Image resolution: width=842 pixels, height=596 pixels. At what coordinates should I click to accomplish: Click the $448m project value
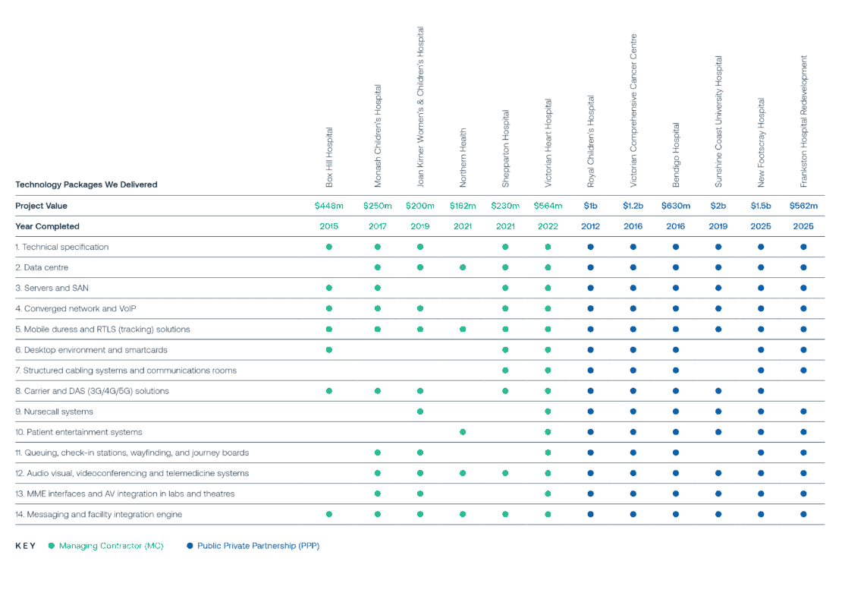328,206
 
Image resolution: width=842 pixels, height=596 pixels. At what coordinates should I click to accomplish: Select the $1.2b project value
633,206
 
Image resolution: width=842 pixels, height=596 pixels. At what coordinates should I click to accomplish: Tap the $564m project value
548,206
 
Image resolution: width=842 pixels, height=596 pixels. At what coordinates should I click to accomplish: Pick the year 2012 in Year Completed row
590,226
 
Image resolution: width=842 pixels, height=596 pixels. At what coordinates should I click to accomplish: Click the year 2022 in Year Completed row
548,226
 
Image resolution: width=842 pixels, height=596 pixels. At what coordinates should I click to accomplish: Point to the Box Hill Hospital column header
329,158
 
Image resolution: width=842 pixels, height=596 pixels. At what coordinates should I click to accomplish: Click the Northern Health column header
463,159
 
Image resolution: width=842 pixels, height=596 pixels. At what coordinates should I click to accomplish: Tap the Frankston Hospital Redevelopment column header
803,121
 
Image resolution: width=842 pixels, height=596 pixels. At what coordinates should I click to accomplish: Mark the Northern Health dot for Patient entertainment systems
463,432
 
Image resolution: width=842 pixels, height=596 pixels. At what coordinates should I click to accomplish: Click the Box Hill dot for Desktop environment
328,350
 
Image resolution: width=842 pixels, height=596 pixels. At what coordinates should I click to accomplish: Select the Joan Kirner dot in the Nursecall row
420,412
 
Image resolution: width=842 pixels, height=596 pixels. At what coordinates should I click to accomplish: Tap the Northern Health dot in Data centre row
463,268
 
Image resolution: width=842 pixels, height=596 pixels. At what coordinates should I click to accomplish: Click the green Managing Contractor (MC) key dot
51,545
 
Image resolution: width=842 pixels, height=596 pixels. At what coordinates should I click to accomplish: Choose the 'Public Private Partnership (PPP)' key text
258,545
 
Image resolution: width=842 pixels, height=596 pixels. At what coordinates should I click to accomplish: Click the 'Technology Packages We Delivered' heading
86,184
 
